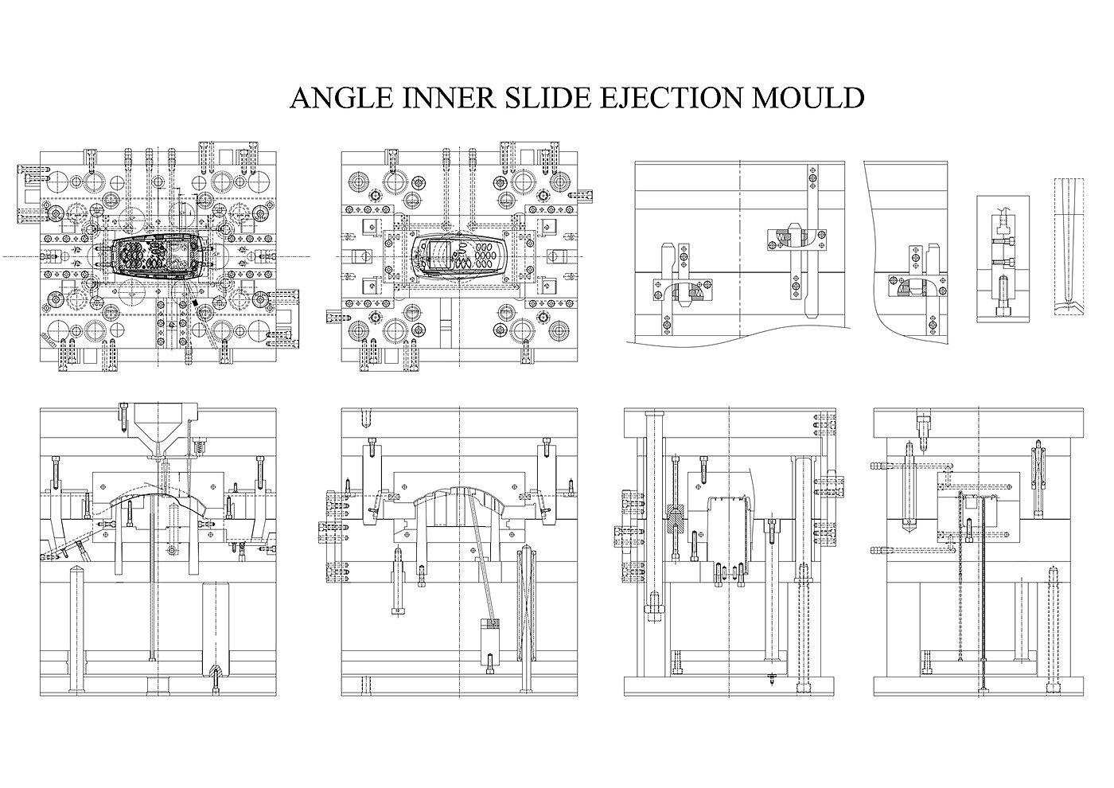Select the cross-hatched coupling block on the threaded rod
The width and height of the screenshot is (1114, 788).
pyautogui.click(x=675, y=520)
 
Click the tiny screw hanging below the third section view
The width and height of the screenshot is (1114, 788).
pyautogui.click(x=772, y=679)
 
